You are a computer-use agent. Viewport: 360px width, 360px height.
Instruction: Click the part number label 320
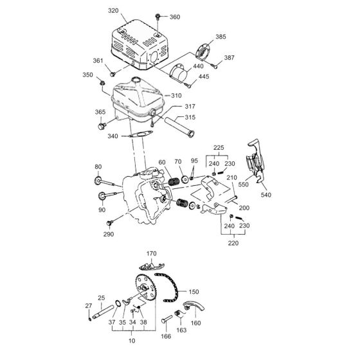(x=113, y=10)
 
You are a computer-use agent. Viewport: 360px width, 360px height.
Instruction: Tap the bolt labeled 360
(x=157, y=16)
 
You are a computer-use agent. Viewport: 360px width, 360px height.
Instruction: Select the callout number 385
(x=221, y=37)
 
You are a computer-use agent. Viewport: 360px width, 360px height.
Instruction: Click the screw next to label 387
(x=214, y=66)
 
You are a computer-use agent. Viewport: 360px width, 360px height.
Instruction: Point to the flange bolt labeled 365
(x=102, y=126)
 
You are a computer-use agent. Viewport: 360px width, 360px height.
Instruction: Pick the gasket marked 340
(x=141, y=134)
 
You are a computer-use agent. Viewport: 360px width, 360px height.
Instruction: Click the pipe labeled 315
(x=179, y=127)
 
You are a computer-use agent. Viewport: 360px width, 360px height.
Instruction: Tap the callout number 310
(x=176, y=96)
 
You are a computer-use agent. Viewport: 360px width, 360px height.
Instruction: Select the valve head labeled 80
(x=98, y=181)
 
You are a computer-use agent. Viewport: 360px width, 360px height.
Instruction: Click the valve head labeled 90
(x=102, y=196)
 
